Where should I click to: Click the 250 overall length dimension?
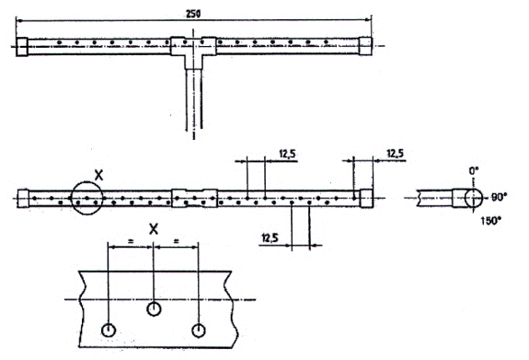click(x=193, y=14)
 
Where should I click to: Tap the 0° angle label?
click(x=474, y=171)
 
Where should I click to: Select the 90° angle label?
click(x=497, y=198)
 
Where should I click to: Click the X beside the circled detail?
click(x=98, y=176)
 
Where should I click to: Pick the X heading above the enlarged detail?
click(x=154, y=229)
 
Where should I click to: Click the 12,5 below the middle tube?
click(x=270, y=238)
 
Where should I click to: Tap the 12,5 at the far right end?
click(x=395, y=154)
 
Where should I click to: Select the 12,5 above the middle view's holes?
click(x=287, y=154)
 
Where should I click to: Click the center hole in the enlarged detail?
click(x=154, y=308)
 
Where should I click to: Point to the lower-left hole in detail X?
click(x=109, y=330)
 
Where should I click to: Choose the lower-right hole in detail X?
click(x=199, y=331)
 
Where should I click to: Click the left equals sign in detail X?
click(x=131, y=241)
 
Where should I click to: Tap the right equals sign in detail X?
click(x=176, y=241)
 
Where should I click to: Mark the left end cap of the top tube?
click(x=22, y=47)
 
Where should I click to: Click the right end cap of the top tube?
click(x=365, y=46)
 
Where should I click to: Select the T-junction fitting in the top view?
click(x=193, y=50)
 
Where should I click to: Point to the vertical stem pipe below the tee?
click(x=193, y=99)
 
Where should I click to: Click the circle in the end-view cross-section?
click(x=474, y=198)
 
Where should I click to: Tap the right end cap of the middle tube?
click(x=366, y=198)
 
